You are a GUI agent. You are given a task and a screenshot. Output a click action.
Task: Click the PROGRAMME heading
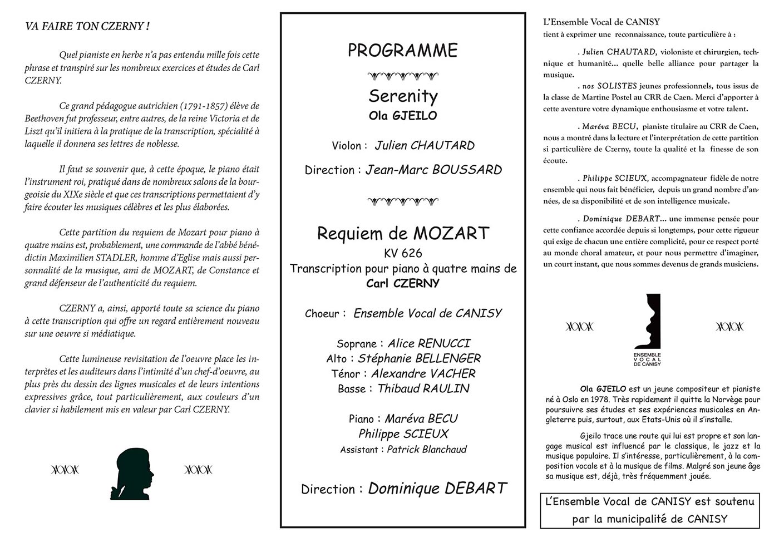click(x=402, y=51)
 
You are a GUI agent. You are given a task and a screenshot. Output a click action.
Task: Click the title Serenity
click(x=403, y=96)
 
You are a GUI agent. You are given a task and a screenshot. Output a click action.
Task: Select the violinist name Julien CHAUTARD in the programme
click(x=425, y=146)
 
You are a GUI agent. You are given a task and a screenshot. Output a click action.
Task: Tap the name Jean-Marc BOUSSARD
click(x=433, y=170)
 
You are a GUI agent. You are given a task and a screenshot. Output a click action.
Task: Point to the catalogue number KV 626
click(x=403, y=253)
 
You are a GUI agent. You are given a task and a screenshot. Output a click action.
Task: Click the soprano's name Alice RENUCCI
click(x=429, y=343)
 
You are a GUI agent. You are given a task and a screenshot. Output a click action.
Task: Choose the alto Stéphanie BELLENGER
click(x=420, y=358)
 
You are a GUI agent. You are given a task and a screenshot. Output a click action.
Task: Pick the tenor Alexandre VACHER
click(x=423, y=373)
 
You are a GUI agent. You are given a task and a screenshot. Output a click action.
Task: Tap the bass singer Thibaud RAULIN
click(x=423, y=388)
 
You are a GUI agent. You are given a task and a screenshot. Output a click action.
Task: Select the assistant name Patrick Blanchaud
click(x=427, y=450)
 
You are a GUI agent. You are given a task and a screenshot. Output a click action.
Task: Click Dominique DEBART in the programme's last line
click(x=437, y=489)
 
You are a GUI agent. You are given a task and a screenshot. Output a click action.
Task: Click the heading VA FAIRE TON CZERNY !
click(x=87, y=26)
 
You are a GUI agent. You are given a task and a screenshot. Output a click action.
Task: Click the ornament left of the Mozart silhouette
click(x=65, y=470)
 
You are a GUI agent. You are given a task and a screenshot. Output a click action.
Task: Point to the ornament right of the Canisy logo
click(x=729, y=327)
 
